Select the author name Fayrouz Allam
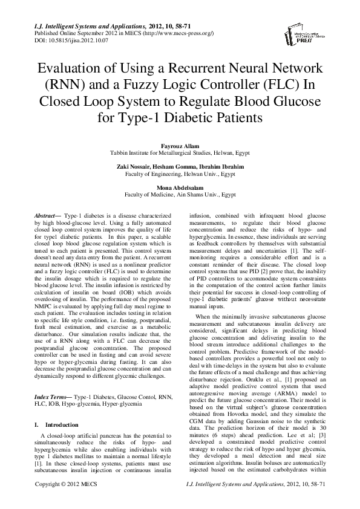pos(180,145)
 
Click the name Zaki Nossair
pos(134,167)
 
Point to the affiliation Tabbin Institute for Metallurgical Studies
pos(180,153)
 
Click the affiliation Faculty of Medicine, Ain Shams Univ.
pos(180,196)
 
